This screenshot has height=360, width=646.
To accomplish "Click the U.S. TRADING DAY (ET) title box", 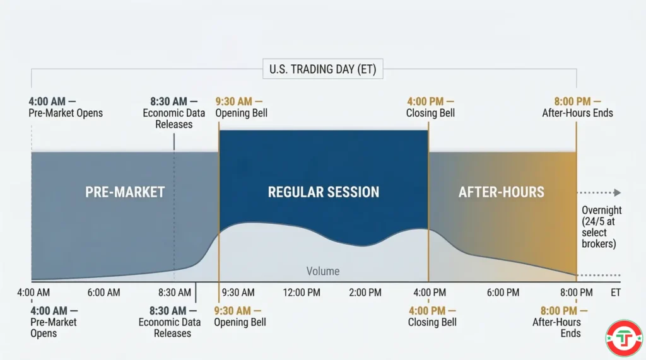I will (x=322, y=69).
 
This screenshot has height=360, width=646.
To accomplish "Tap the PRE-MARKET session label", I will (x=125, y=192).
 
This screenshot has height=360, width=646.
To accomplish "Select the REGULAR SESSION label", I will (x=324, y=192).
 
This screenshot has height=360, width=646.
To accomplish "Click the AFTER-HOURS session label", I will (x=501, y=192).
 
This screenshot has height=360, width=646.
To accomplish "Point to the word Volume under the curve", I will (x=322, y=271).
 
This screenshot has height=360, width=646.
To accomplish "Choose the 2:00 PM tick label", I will (x=365, y=293).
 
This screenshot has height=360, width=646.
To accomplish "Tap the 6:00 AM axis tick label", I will (x=103, y=293).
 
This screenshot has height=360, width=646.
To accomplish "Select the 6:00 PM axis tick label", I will (x=503, y=293).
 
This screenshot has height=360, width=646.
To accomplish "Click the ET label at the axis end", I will (x=616, y=293).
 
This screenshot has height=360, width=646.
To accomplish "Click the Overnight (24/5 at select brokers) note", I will (x=601, y=226).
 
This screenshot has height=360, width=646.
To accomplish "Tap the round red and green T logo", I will (x=623, y=338).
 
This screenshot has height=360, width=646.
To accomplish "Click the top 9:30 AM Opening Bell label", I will (x=241, y=107).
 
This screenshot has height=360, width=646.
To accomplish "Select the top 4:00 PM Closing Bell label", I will (x=430, y=107).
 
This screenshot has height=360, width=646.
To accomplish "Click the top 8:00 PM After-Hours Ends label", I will (x=577, y=107).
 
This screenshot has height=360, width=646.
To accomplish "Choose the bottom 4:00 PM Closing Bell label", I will (x=432, y=316).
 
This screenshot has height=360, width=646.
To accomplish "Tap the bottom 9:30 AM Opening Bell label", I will (x=240, y=316).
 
